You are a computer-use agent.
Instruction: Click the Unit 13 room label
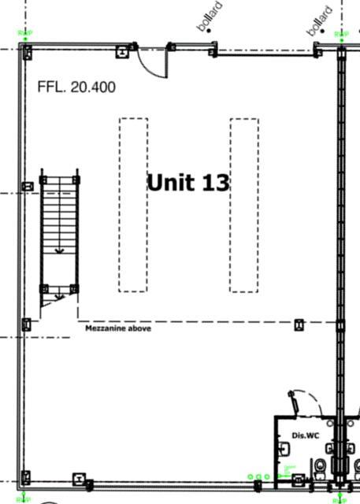pyautogui.click(x=188, y=182)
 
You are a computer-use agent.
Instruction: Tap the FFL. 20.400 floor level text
pyautogui.click(x=76, y=87)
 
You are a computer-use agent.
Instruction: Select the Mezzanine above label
pyautogui.click(x=118, y=328)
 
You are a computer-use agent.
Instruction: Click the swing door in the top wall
pyautogui.click(x=151, y=63)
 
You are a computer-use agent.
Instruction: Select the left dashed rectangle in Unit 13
pyautogui.click(x=133, y=205)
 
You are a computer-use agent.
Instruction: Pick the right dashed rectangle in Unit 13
pyautogui.click(x=243, y=205)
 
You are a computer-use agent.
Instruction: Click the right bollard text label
pyautogui.click(x=320, y=20)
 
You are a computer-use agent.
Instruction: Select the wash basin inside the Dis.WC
pyautogui.click(x=283, y=448)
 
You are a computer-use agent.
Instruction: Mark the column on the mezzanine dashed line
pyautogui.click(x=299, y=324)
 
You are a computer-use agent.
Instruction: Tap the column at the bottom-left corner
pyautogui.click(x=26, y=476)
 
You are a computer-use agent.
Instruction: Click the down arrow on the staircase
pyautogui.click(x=60, y=250)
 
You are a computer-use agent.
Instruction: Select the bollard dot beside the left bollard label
pyautogui.click(x=210, y=31)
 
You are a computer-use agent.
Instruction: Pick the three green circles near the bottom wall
pyautogui.click(x=258, y=476)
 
